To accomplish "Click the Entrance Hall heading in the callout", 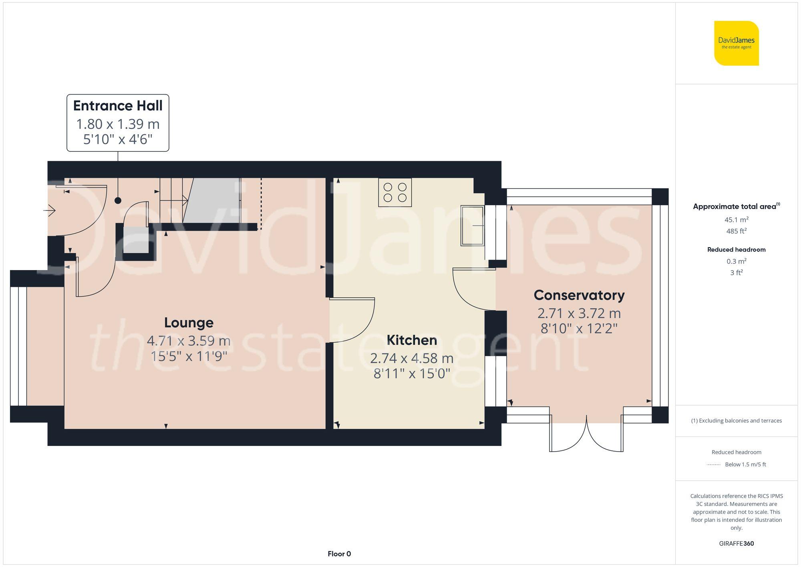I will click(x=118, y=106).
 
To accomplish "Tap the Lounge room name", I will click(x=189, y=323).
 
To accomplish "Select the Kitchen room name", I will click(x=412, y=340).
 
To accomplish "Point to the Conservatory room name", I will click(x=579, y=295).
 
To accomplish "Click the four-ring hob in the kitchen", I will click(x=395, y=192).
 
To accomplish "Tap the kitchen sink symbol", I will click(x=472, y=226).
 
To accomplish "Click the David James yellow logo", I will click(x=736, y=43).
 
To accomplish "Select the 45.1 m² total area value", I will click(x=736, y=220).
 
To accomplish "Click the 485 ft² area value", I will click(x=736, y=231).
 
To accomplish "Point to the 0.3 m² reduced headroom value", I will click(x=736, y=261).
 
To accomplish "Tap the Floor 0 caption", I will click(x=339, y=554).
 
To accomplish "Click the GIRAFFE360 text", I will click(x=736, y=544).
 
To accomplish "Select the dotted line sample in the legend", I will click(x=714, y=465).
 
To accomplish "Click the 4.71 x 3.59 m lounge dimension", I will click(x=189, y=341).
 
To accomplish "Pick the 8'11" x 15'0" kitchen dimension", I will click(x=412, y=373).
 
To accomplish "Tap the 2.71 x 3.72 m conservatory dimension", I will click(x=579, y=313).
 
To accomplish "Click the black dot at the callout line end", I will click(x=118, y=200).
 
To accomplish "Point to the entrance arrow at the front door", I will click(x=50, y=210).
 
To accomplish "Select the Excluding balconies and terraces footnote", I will click(x=736, y=421).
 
